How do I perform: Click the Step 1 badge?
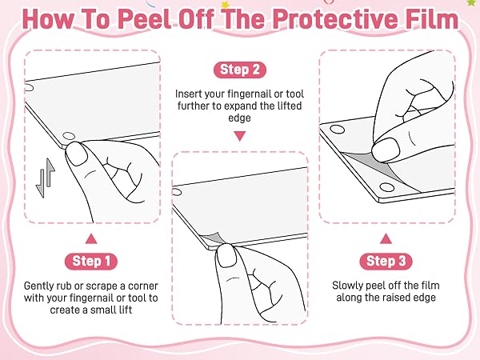(91, 262)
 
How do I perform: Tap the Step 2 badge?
(240, 70)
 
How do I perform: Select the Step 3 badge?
(386, 262)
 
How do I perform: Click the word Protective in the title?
(336, 19)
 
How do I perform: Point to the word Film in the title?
(432, 19)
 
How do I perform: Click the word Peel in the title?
(144, 19)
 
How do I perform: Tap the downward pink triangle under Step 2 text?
(240, 136)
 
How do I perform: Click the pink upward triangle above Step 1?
(91, 238)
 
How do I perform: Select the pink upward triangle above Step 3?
(386, 238)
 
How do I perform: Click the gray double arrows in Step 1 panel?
(45, 178)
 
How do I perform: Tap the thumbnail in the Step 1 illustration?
(77, 154)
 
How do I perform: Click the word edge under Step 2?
(240, 118)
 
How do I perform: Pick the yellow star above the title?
(226, 5)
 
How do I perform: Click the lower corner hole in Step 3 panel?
(386, 187)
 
